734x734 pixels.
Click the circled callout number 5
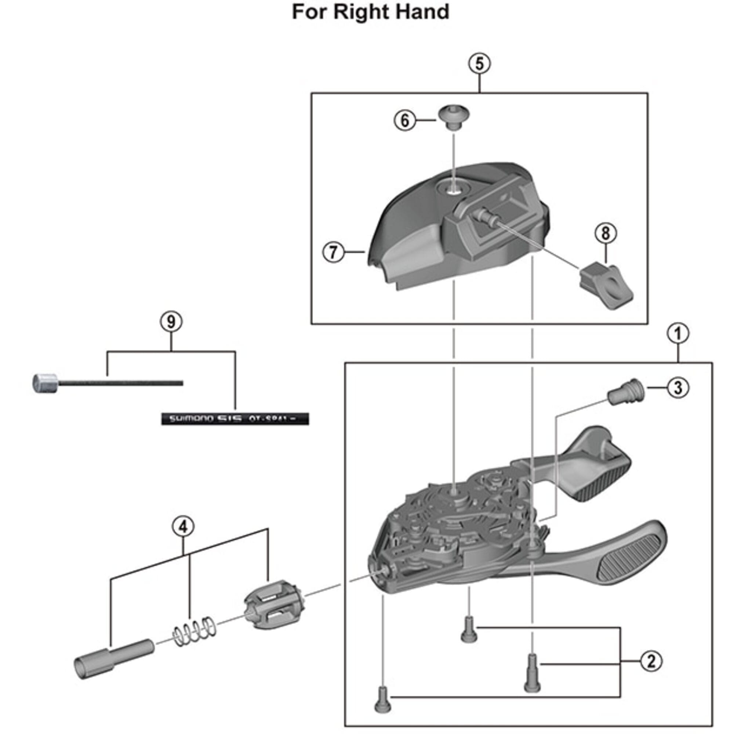pyautogui.click(x=479, y=63)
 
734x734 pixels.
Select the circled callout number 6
pyautogui.click(x=404, y=120)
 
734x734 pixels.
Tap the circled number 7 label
pyautogui.click(x=333, y=252)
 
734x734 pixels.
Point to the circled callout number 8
pyautogui.click(x=605, y=233)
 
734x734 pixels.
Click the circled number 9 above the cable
pyautogui.click(x=171, y=322)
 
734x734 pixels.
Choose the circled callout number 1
pyautogui.click(x=678, y=334)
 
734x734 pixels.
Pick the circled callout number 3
pyautogui.click(x=678, y=388)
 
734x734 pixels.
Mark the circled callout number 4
pyautogui.click(x=183, y=527)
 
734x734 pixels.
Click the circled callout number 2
pyautogui.click(x=651, y=661)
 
